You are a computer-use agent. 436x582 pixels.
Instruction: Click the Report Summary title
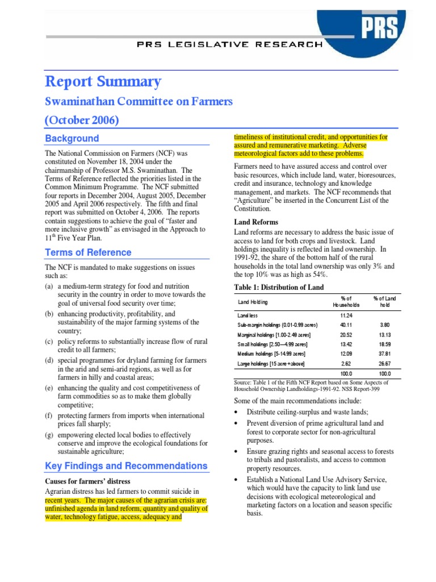[x=103, y=82]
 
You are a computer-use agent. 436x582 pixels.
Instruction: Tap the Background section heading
[x=72, y=139]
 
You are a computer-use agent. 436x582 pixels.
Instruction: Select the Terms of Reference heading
[x=87, y=252]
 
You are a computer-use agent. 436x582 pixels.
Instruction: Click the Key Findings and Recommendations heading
[x=126, y=466]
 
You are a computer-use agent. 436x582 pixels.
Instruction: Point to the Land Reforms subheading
[x=256, y=222]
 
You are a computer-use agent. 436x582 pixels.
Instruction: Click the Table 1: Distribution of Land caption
[x=279, y=287]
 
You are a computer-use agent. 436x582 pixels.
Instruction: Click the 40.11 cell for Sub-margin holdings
[x=346, y=325]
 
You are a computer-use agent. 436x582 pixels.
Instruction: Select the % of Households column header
[x=346, y=302]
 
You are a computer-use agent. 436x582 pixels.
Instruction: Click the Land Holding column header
[x=253, y=302]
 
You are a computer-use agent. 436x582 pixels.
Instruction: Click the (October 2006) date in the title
[x=82, y=120]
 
